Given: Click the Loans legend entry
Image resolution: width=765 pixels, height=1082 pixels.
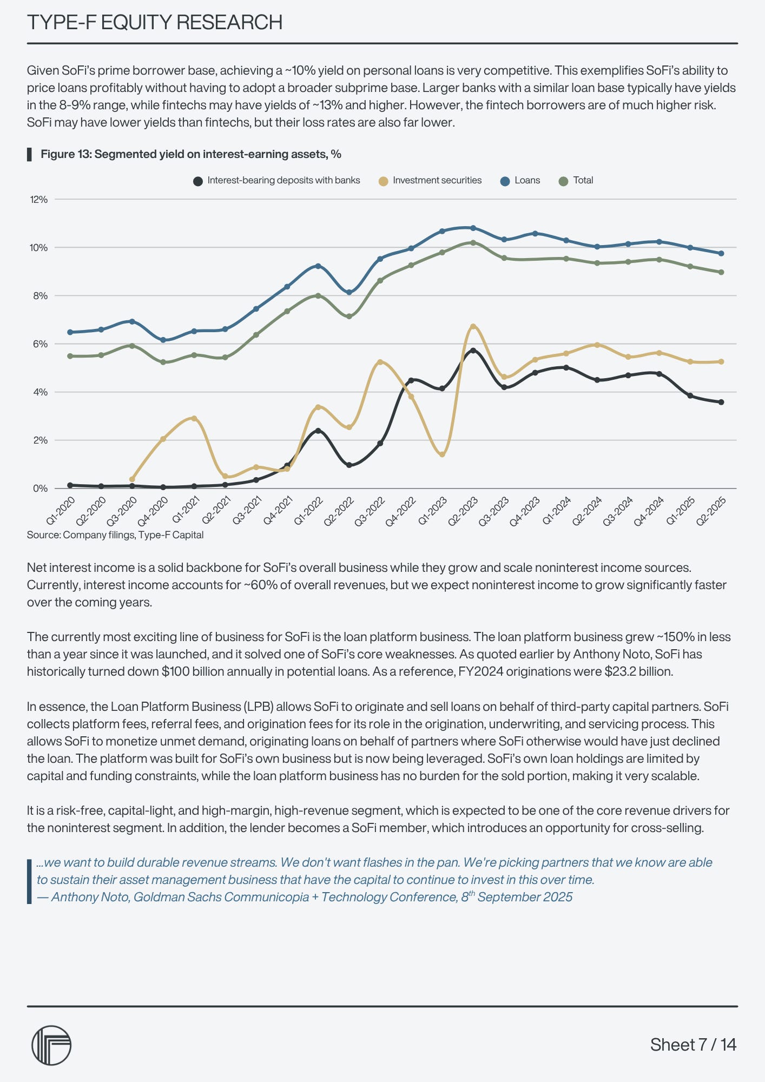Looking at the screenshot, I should pyautogui.click(x=520, y=181).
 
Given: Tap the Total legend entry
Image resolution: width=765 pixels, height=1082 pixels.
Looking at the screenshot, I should pyautogui.click(x=576, y=181).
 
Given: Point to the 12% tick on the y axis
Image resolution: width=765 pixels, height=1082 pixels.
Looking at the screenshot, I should pyautogui.click(x=39, y=200).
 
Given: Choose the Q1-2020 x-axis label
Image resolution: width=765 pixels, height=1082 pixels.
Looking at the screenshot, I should pyautogui.click(x=61, y=511).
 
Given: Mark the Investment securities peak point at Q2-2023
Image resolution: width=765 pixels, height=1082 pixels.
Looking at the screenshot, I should pyautogui.click(x=473, y=327).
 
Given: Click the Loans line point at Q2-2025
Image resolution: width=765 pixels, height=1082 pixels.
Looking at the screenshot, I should pyautogui.click(x=721, y=253).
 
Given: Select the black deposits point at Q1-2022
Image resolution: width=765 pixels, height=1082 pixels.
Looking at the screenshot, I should pyautogui.click(x=318, y=431).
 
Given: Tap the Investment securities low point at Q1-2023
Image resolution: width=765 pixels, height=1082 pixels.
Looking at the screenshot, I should pyautogui.click(x=442, y=454).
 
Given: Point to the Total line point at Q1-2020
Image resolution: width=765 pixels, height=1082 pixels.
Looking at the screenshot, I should pyautogui.click(x=70, y=356).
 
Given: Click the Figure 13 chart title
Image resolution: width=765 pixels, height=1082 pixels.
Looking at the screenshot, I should pyautogui.click(x=190, y=154).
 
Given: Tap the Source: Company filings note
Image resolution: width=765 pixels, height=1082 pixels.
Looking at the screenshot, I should pyautogui.click(x=115, y=535).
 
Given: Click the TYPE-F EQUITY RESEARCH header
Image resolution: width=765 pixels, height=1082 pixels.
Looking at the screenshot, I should pyautogui.click(x=155, y=23).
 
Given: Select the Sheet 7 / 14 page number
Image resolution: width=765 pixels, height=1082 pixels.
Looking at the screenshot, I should pyautogui.click(x=693, y=1045).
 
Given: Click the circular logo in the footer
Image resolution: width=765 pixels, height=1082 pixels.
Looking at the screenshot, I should pyautogui.click(x=51, y=1045).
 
